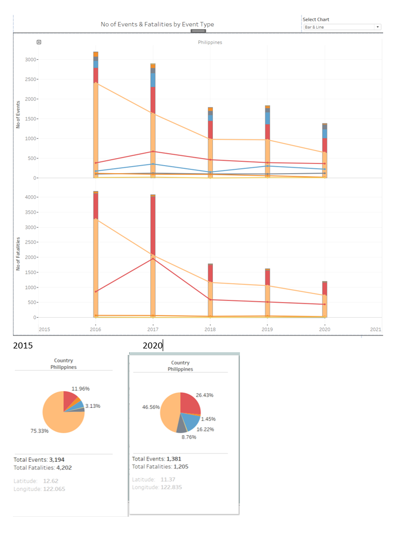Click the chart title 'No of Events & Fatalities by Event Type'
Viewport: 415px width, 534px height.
click(x=157, y=24)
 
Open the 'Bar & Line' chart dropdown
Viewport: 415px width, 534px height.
click(x=342, y=27)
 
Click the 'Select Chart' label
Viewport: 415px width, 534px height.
click(x=316, y=19)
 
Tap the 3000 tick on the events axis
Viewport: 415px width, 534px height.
click(x=30, y=59)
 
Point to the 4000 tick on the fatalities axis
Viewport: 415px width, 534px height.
click(x=30, y=197)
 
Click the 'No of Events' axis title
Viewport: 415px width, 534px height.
click(x=18, y=114)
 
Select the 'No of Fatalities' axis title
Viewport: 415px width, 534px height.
click(x=18, y=254)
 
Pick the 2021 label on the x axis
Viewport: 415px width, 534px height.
click(x=376, y=329)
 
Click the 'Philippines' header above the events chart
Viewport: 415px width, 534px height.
click(x=210, y=42)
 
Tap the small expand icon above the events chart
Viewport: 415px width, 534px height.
click(x=39, y=42)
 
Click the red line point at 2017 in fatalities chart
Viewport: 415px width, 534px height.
click(x=153, y=259)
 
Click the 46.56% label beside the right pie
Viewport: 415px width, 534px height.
click(x=151, y=407)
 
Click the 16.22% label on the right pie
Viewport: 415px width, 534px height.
click(x=205, y=429)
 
